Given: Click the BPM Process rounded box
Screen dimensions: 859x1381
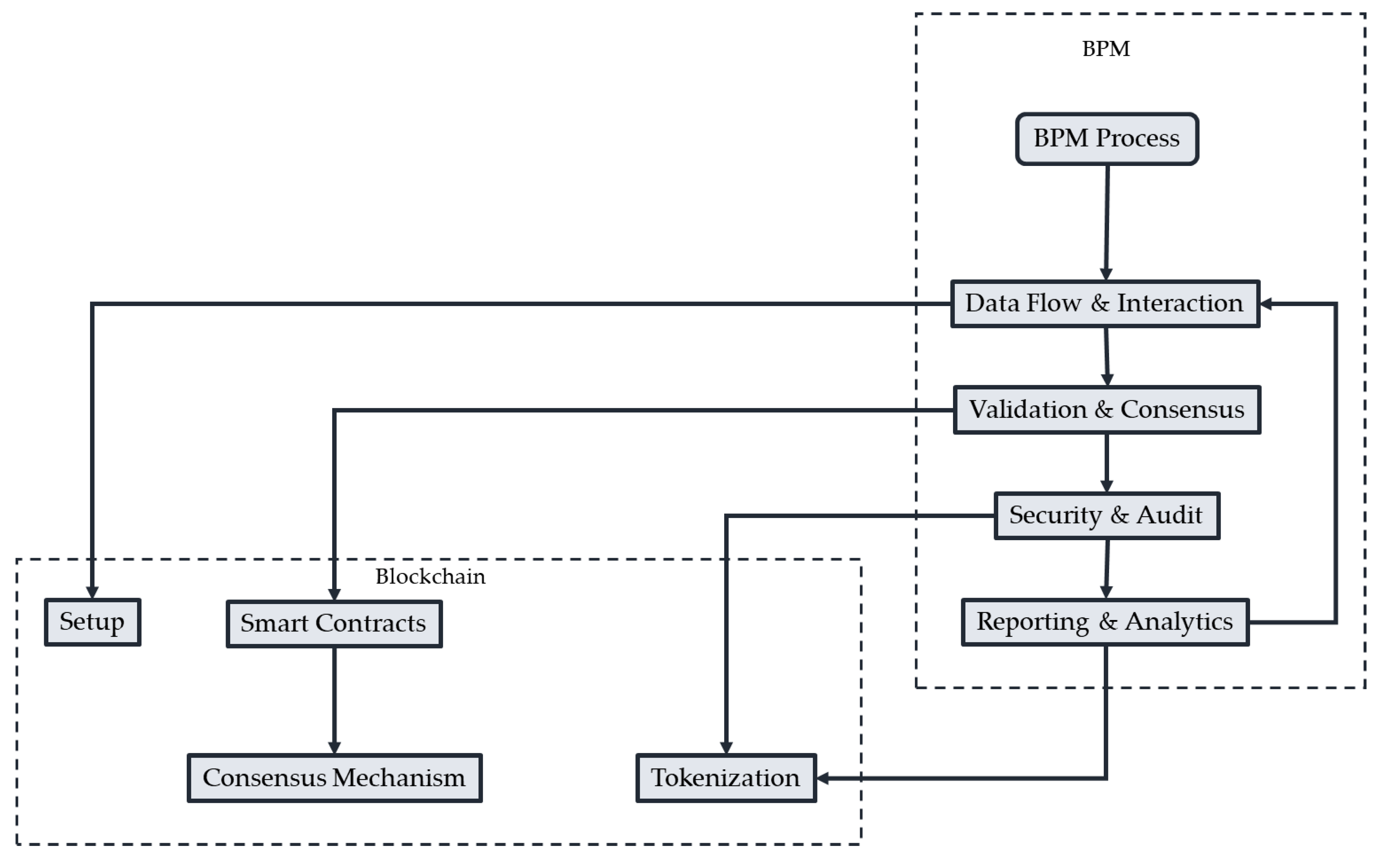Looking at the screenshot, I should (1107, 139).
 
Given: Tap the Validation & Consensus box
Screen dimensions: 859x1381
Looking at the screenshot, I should (1107, 410).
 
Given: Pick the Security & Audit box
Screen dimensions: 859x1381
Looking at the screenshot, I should (1107, 515).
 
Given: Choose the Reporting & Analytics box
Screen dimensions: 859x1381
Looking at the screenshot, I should (1105, 621).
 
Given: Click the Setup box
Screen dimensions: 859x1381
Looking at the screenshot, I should (92, 621).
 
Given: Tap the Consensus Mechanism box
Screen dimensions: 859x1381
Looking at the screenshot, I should (334, 778).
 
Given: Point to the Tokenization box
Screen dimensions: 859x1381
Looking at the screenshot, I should (725, 778).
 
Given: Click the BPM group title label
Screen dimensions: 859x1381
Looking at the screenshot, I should (1106, 49).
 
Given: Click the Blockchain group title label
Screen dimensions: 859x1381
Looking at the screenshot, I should (430, 577).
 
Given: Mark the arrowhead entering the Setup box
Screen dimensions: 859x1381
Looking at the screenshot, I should (92, 592).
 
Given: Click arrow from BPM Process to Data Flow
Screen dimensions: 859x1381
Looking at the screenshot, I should (1107, 222).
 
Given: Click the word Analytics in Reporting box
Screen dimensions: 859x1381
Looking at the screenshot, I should (1179, 621).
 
